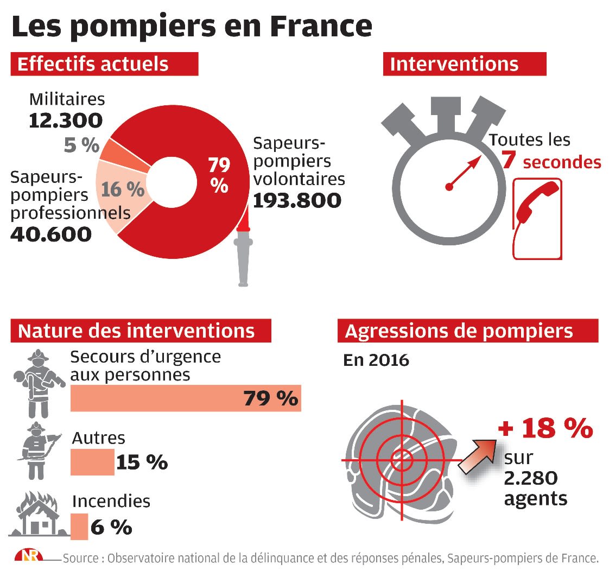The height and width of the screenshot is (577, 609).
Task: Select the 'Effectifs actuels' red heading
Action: click(93, 64)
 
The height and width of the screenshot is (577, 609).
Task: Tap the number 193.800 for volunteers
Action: click(297, 201)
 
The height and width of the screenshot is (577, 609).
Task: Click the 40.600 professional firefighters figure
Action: click(51, 234)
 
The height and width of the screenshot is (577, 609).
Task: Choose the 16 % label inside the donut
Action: click(123, 189)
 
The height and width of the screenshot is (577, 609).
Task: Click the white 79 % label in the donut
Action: click(219, 175)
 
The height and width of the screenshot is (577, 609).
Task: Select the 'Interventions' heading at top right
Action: click(454, 64)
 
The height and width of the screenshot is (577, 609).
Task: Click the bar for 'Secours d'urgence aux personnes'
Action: click(186, 398)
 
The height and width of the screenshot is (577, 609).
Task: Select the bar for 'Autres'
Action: click(92, 461)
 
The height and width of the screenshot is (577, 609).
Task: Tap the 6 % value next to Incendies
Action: click(111, 527)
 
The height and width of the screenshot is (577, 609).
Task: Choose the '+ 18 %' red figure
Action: click(545, 428)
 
